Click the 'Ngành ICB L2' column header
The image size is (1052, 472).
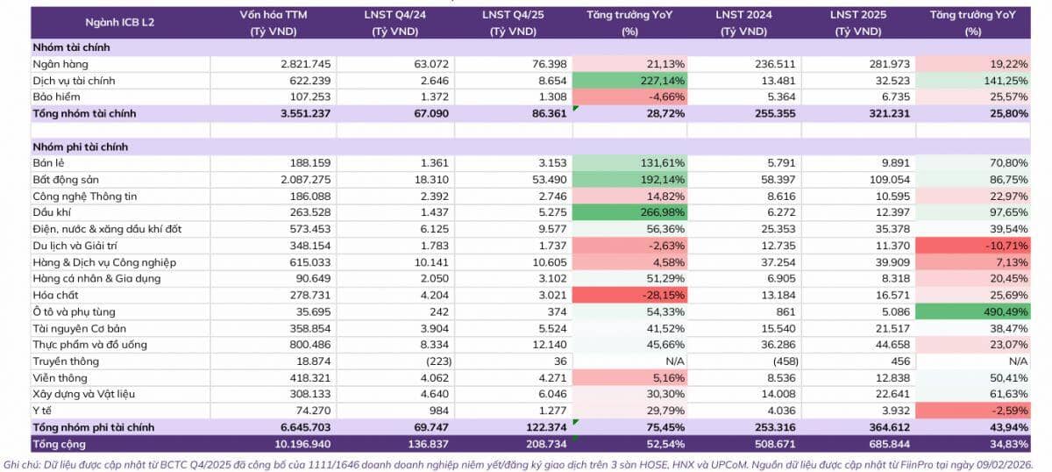pos(110,23)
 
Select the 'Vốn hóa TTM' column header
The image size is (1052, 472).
pos(271,23)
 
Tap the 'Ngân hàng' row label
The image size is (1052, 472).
pos(60,64)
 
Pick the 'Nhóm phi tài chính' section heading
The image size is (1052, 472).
pos(80,147)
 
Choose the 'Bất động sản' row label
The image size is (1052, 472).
pos(67,180)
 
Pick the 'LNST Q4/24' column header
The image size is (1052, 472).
pos(394,23)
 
